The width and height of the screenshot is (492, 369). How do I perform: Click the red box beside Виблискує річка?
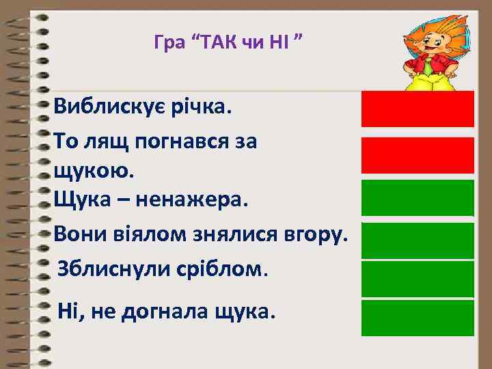(418, 109)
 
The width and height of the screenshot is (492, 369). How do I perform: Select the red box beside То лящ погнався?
(418, 154)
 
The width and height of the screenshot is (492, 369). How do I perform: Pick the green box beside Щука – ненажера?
(418, 197)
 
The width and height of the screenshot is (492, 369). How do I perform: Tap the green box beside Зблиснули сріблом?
(418, 279)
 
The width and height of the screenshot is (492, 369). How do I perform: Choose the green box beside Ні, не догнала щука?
(418, 318)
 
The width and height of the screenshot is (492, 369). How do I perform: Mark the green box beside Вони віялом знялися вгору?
(418, 240)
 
